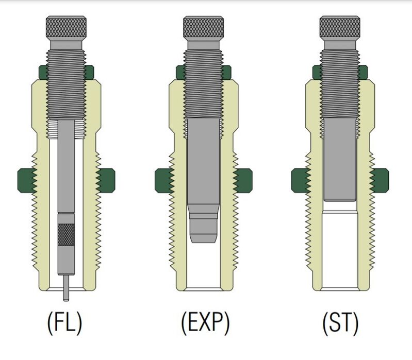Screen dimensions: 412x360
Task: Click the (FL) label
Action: click(x=64, y=323)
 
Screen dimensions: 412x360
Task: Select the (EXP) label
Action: click(x=205, y=323)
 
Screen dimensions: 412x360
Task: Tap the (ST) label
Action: click(x=340, y=323)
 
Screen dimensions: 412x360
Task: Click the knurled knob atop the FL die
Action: click(x=66, y=27)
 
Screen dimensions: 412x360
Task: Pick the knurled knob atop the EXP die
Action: click(x=203, y=27)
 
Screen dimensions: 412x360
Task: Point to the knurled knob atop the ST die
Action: click(x=340, y=27)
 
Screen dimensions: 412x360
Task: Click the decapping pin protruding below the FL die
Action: click(x=66, y=288)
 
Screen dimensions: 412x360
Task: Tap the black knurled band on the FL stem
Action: click(x=66, y=234)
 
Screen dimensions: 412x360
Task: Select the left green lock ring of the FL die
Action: click(x=26, y=181)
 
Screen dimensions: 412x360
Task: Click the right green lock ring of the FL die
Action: click(x=106, y=181)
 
